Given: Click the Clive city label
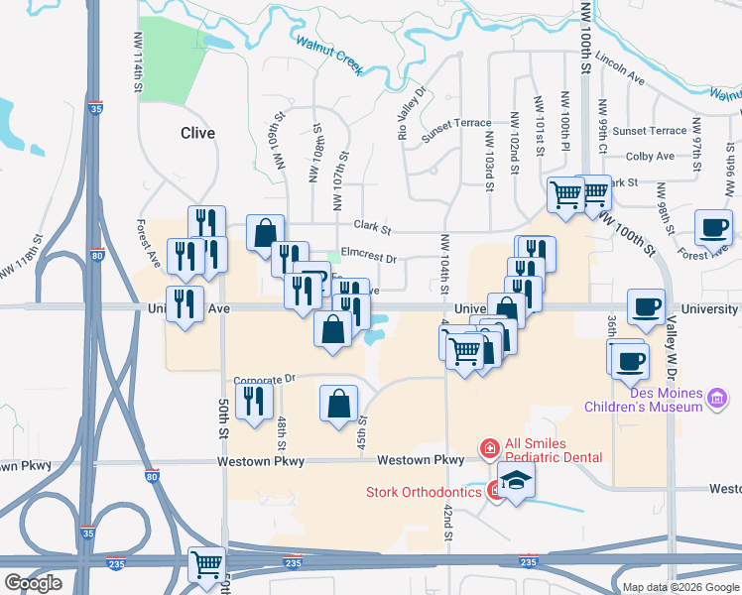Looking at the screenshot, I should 197,133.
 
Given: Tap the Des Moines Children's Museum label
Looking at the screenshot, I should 653,398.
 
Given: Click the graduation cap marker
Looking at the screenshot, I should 516,483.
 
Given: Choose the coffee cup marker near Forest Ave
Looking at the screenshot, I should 713,228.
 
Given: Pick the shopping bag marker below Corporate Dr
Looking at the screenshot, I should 338,404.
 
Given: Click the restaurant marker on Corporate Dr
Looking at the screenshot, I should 254,402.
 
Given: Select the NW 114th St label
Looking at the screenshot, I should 136,62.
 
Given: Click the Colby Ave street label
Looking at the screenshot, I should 651,157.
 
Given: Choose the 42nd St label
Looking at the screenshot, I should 448,522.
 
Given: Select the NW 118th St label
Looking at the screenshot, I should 20,263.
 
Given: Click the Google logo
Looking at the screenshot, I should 33,583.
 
